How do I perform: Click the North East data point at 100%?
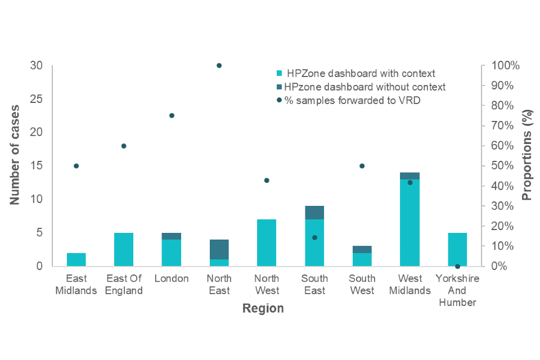(219, 66)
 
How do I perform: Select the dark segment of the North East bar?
(219, 249)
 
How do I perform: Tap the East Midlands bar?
(76, 260)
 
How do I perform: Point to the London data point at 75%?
(172, 115)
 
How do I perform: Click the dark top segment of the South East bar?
(314, 213)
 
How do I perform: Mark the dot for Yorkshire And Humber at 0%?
(457, 266)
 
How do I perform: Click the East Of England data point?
(124, 146)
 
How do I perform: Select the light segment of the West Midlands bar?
(410, 223)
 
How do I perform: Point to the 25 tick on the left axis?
(36, 99)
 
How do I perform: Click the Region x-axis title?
(263, 309)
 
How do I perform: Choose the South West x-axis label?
(362, 285)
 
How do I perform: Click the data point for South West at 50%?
(362, 166)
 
